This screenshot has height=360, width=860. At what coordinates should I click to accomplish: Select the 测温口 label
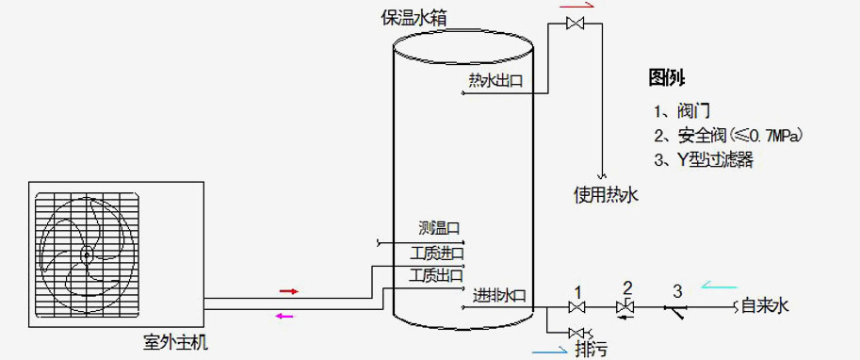439,229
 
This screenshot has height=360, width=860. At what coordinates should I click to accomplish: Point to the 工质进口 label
436,253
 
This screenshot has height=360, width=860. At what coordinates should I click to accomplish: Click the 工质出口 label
436,275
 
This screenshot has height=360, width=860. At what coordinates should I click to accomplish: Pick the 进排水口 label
499,295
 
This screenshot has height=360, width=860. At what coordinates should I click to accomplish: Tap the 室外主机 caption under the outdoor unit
169,344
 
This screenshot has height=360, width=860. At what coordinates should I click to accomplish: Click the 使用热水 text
606,196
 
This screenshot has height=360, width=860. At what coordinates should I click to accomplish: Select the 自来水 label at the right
764,306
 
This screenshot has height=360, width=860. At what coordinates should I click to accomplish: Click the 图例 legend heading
666,77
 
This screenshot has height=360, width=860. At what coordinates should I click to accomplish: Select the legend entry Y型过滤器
703,159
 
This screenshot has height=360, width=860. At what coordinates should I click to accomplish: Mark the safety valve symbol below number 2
624,307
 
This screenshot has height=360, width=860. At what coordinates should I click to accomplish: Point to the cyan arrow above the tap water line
717,286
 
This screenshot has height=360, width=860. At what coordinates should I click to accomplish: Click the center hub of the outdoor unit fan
86,254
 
